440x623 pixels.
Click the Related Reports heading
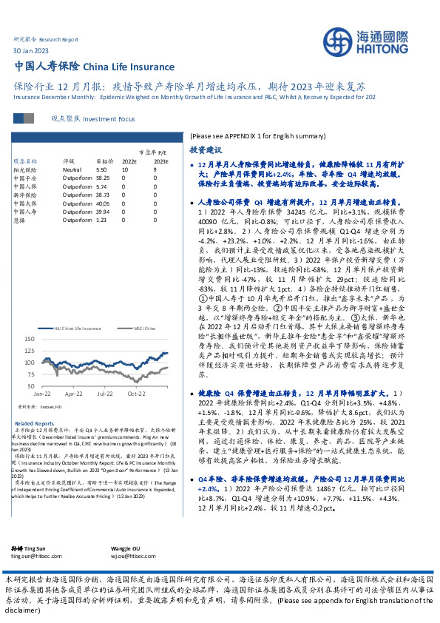30,422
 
